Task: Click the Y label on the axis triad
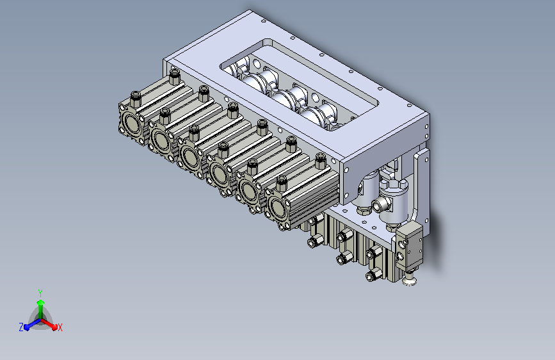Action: click(x=40, y=293)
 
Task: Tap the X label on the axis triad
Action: click(x=60, y=328)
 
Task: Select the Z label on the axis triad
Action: click(x=21, y=327)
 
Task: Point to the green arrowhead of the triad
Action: click(x=41, y=303)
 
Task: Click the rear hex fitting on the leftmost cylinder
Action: click(x=175, y=77)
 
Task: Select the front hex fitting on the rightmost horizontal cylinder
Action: click(x=282, y=183)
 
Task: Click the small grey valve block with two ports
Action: click(x=409, y=245)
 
